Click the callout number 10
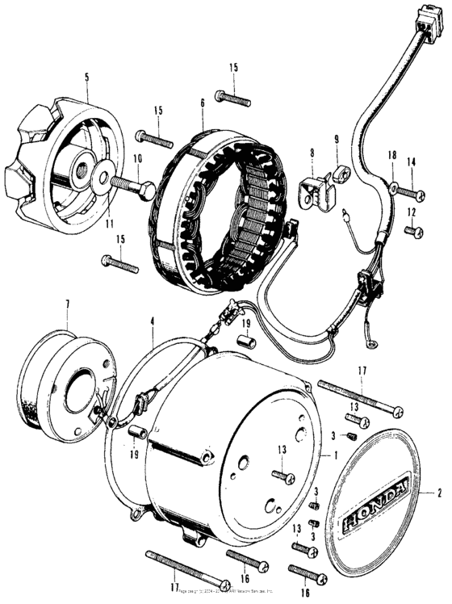137,159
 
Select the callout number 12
411,212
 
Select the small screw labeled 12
412,232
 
